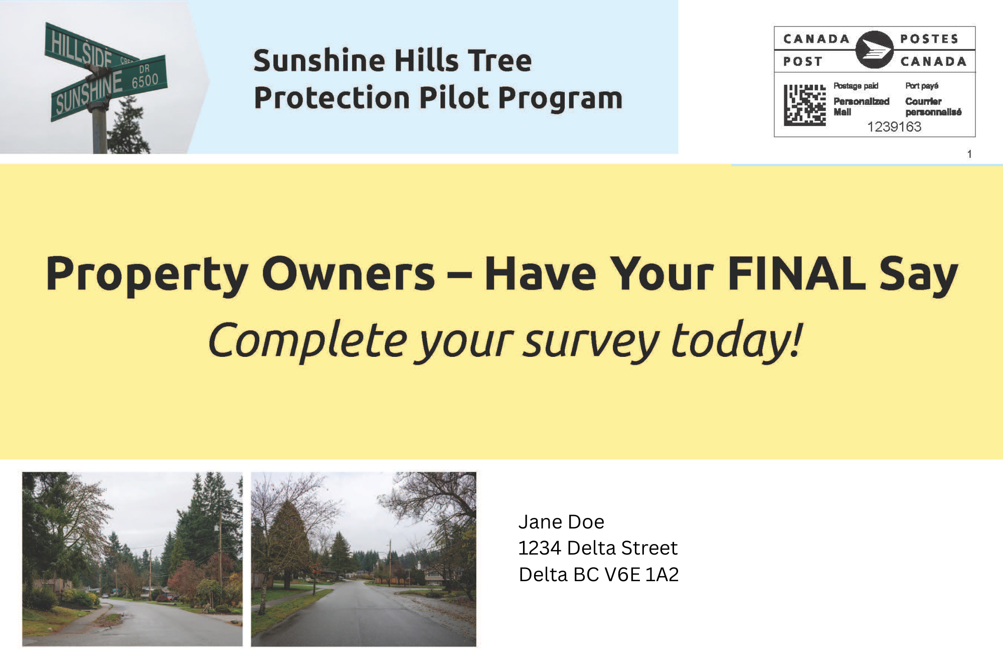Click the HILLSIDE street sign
click(90, 49)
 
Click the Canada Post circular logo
click(874, 49)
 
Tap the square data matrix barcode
click(804, 105)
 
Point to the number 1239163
click(894, 126)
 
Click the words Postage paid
click(856, 86)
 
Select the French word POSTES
click(929, 39)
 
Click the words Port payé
click(922, 86)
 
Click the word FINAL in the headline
click(796, 274)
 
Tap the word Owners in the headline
click(349, 274)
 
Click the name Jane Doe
click(561, 522)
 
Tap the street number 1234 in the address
click(540, 548)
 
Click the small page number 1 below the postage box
click(969, 154)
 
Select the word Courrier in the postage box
click(923, 101)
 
